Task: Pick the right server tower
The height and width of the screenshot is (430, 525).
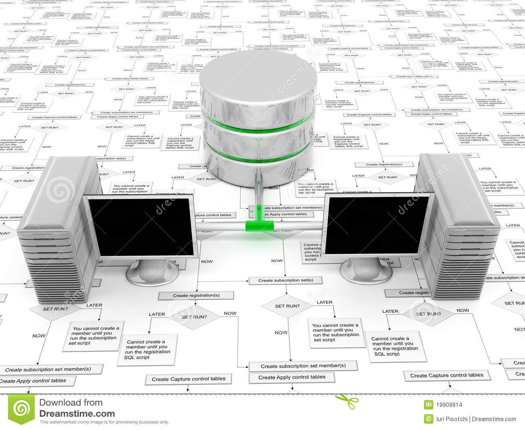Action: point(456,230)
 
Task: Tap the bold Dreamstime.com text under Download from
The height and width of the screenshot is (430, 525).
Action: point(77,413)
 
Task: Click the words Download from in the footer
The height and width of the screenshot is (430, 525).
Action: point(71,403)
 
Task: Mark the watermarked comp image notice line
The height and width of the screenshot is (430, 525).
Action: point(104,422)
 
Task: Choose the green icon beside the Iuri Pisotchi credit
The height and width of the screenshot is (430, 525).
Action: point(427,419)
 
